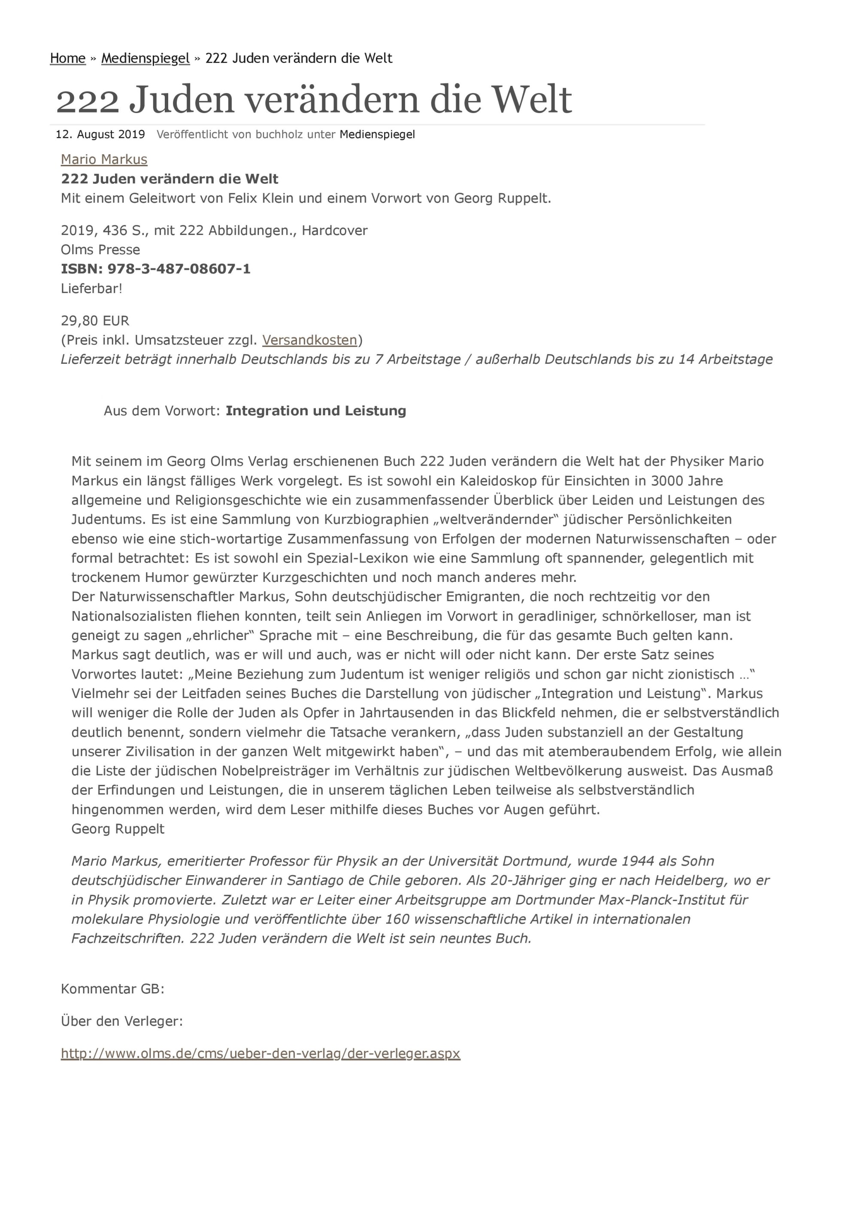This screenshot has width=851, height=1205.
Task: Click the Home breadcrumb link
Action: point(68,58)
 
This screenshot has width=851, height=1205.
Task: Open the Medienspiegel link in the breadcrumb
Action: point(145,58)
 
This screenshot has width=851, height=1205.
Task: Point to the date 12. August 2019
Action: point(100,134)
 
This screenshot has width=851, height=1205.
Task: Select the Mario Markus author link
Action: point(104,160)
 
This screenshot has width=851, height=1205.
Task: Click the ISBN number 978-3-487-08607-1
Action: point(179,269)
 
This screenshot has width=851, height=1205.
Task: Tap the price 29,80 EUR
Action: point(95,321)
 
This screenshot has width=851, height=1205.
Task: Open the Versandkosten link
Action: point(309,340)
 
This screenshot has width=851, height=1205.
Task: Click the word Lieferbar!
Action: point(91,289)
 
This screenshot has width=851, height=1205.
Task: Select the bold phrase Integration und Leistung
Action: point(316,411)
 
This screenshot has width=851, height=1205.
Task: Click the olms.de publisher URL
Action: point(260,1053)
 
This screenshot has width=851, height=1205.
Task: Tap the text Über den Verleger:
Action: point(121,1021)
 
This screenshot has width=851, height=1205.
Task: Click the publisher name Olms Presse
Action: point(100,250)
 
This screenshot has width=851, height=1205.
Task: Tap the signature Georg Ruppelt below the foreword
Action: point(118,829)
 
